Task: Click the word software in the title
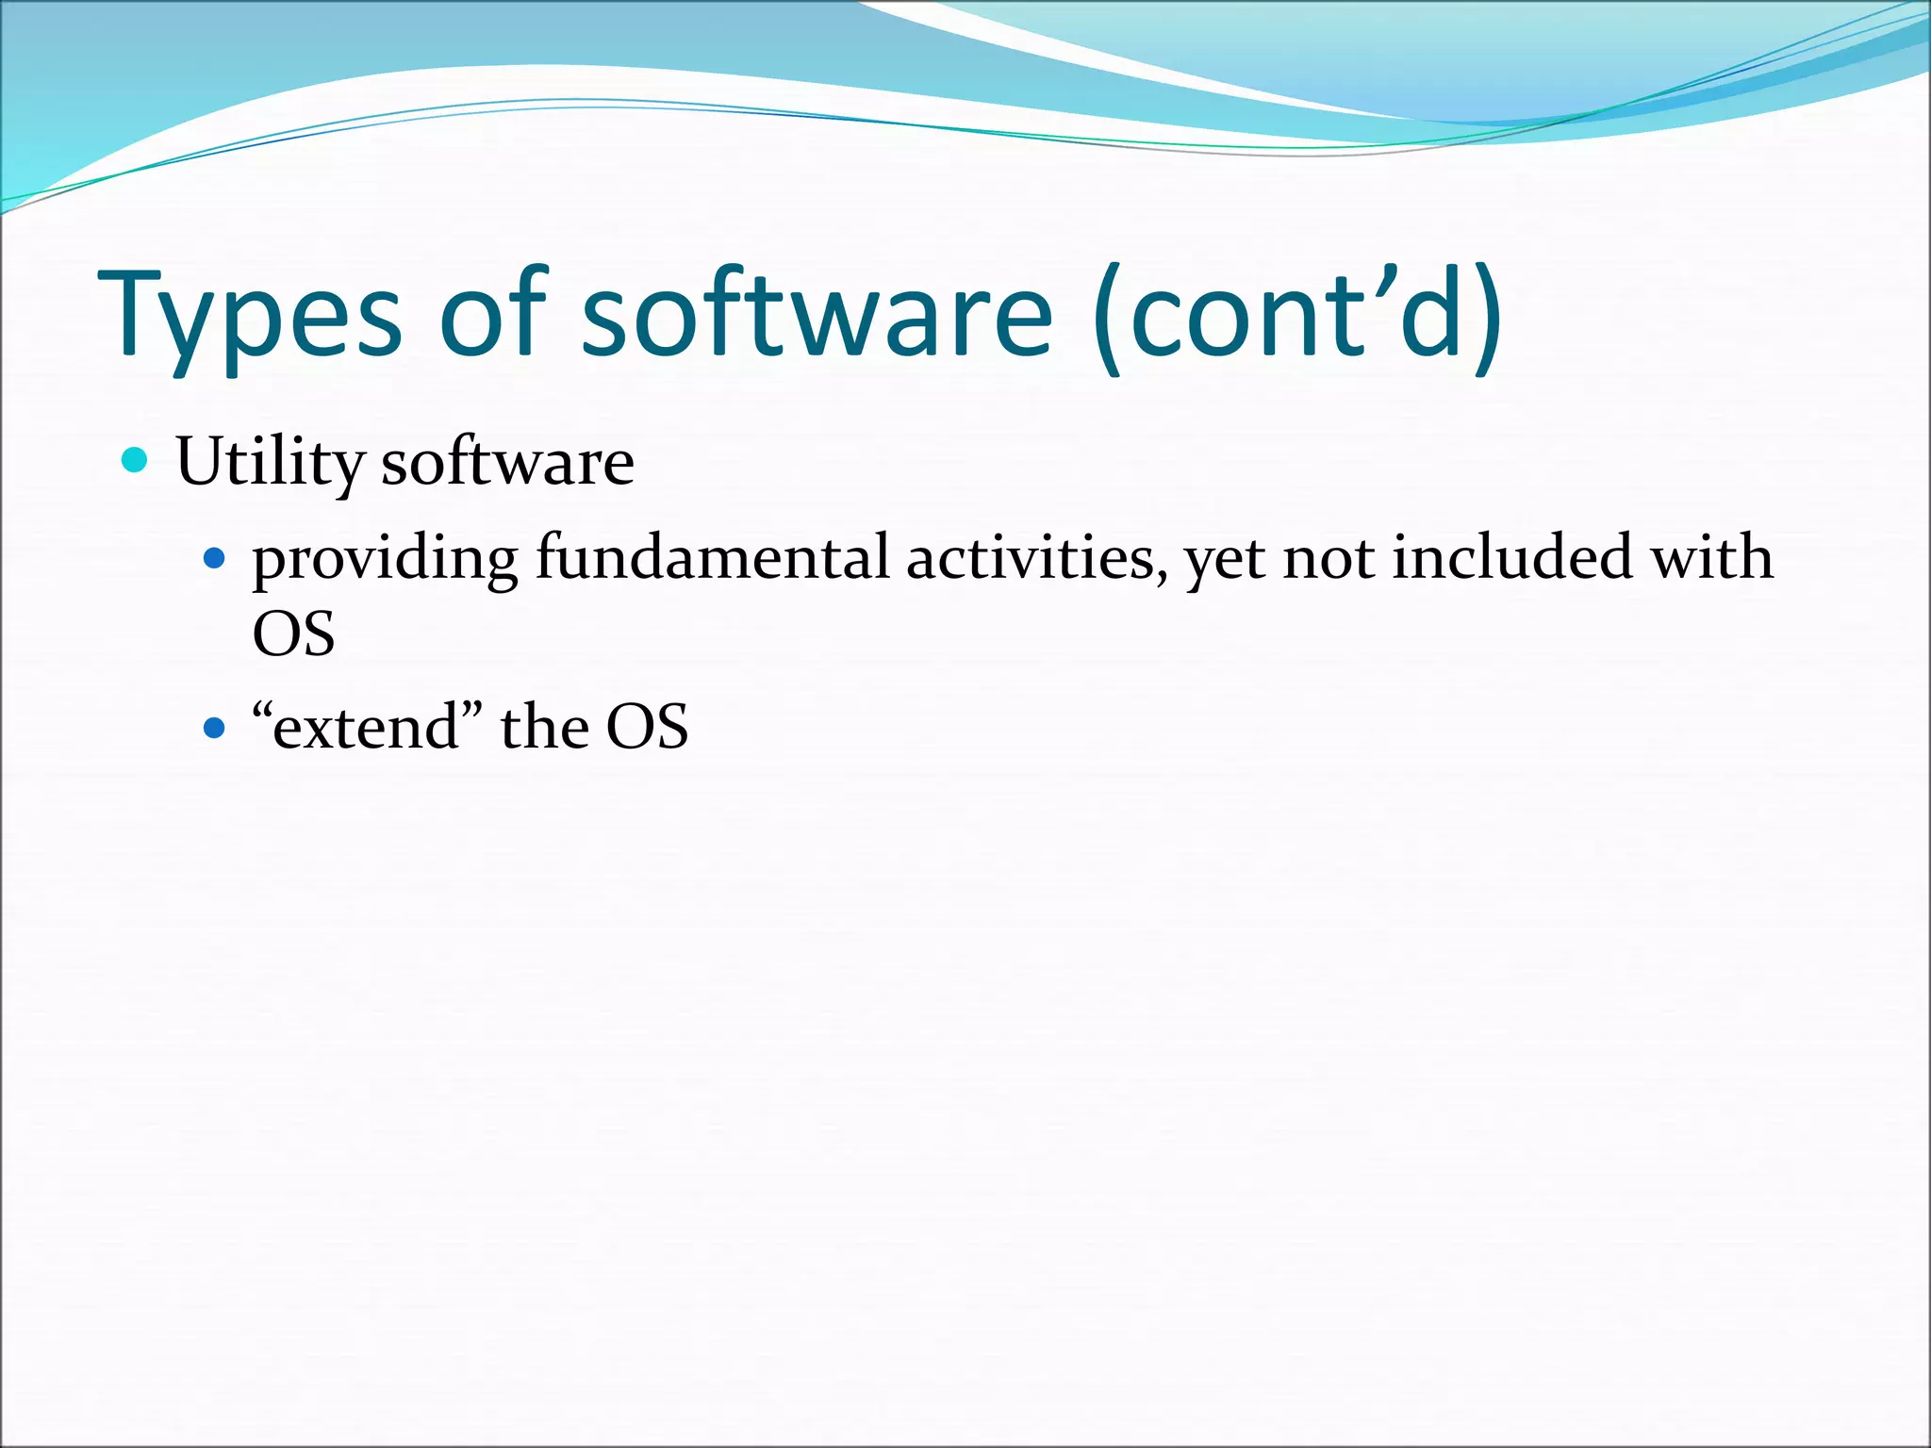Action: pos(817,316)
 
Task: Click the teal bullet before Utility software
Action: pos(136,461)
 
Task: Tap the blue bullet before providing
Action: pos(215,558)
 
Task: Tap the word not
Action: pos(1329,558)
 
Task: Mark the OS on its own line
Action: pos(293,634)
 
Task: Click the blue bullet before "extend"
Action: pos(215,728)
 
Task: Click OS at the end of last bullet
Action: pos(647,728)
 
